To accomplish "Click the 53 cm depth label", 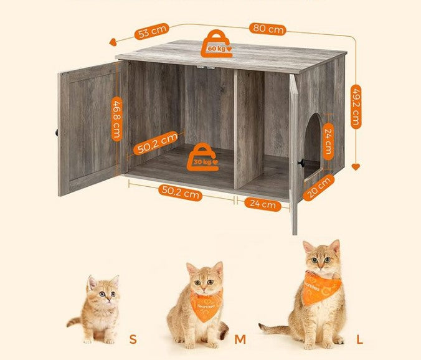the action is coord(152,31).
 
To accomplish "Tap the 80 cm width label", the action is coord(268,29).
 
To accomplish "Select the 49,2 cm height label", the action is coord(356,107).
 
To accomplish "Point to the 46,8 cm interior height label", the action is coord(117,119).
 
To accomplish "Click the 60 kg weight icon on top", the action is coord(217,44).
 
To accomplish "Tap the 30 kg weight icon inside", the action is coord(203,158).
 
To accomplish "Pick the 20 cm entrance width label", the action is coord(319,187).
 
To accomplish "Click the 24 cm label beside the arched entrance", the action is coord(328,141).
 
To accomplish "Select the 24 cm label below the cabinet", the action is coord(263,205).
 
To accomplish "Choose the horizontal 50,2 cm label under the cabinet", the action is coord(181,192).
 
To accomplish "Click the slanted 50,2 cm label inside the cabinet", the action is coord(156,143).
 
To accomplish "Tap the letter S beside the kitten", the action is coord(133,339).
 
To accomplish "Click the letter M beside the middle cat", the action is coord(240,339).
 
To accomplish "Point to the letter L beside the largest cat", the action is coord(359,339).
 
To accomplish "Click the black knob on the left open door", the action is coord(57,132).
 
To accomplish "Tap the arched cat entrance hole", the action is coord(312,147).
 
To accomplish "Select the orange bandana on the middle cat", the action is coord(206,305).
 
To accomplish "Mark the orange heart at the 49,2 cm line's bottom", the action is coord(356,167).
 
